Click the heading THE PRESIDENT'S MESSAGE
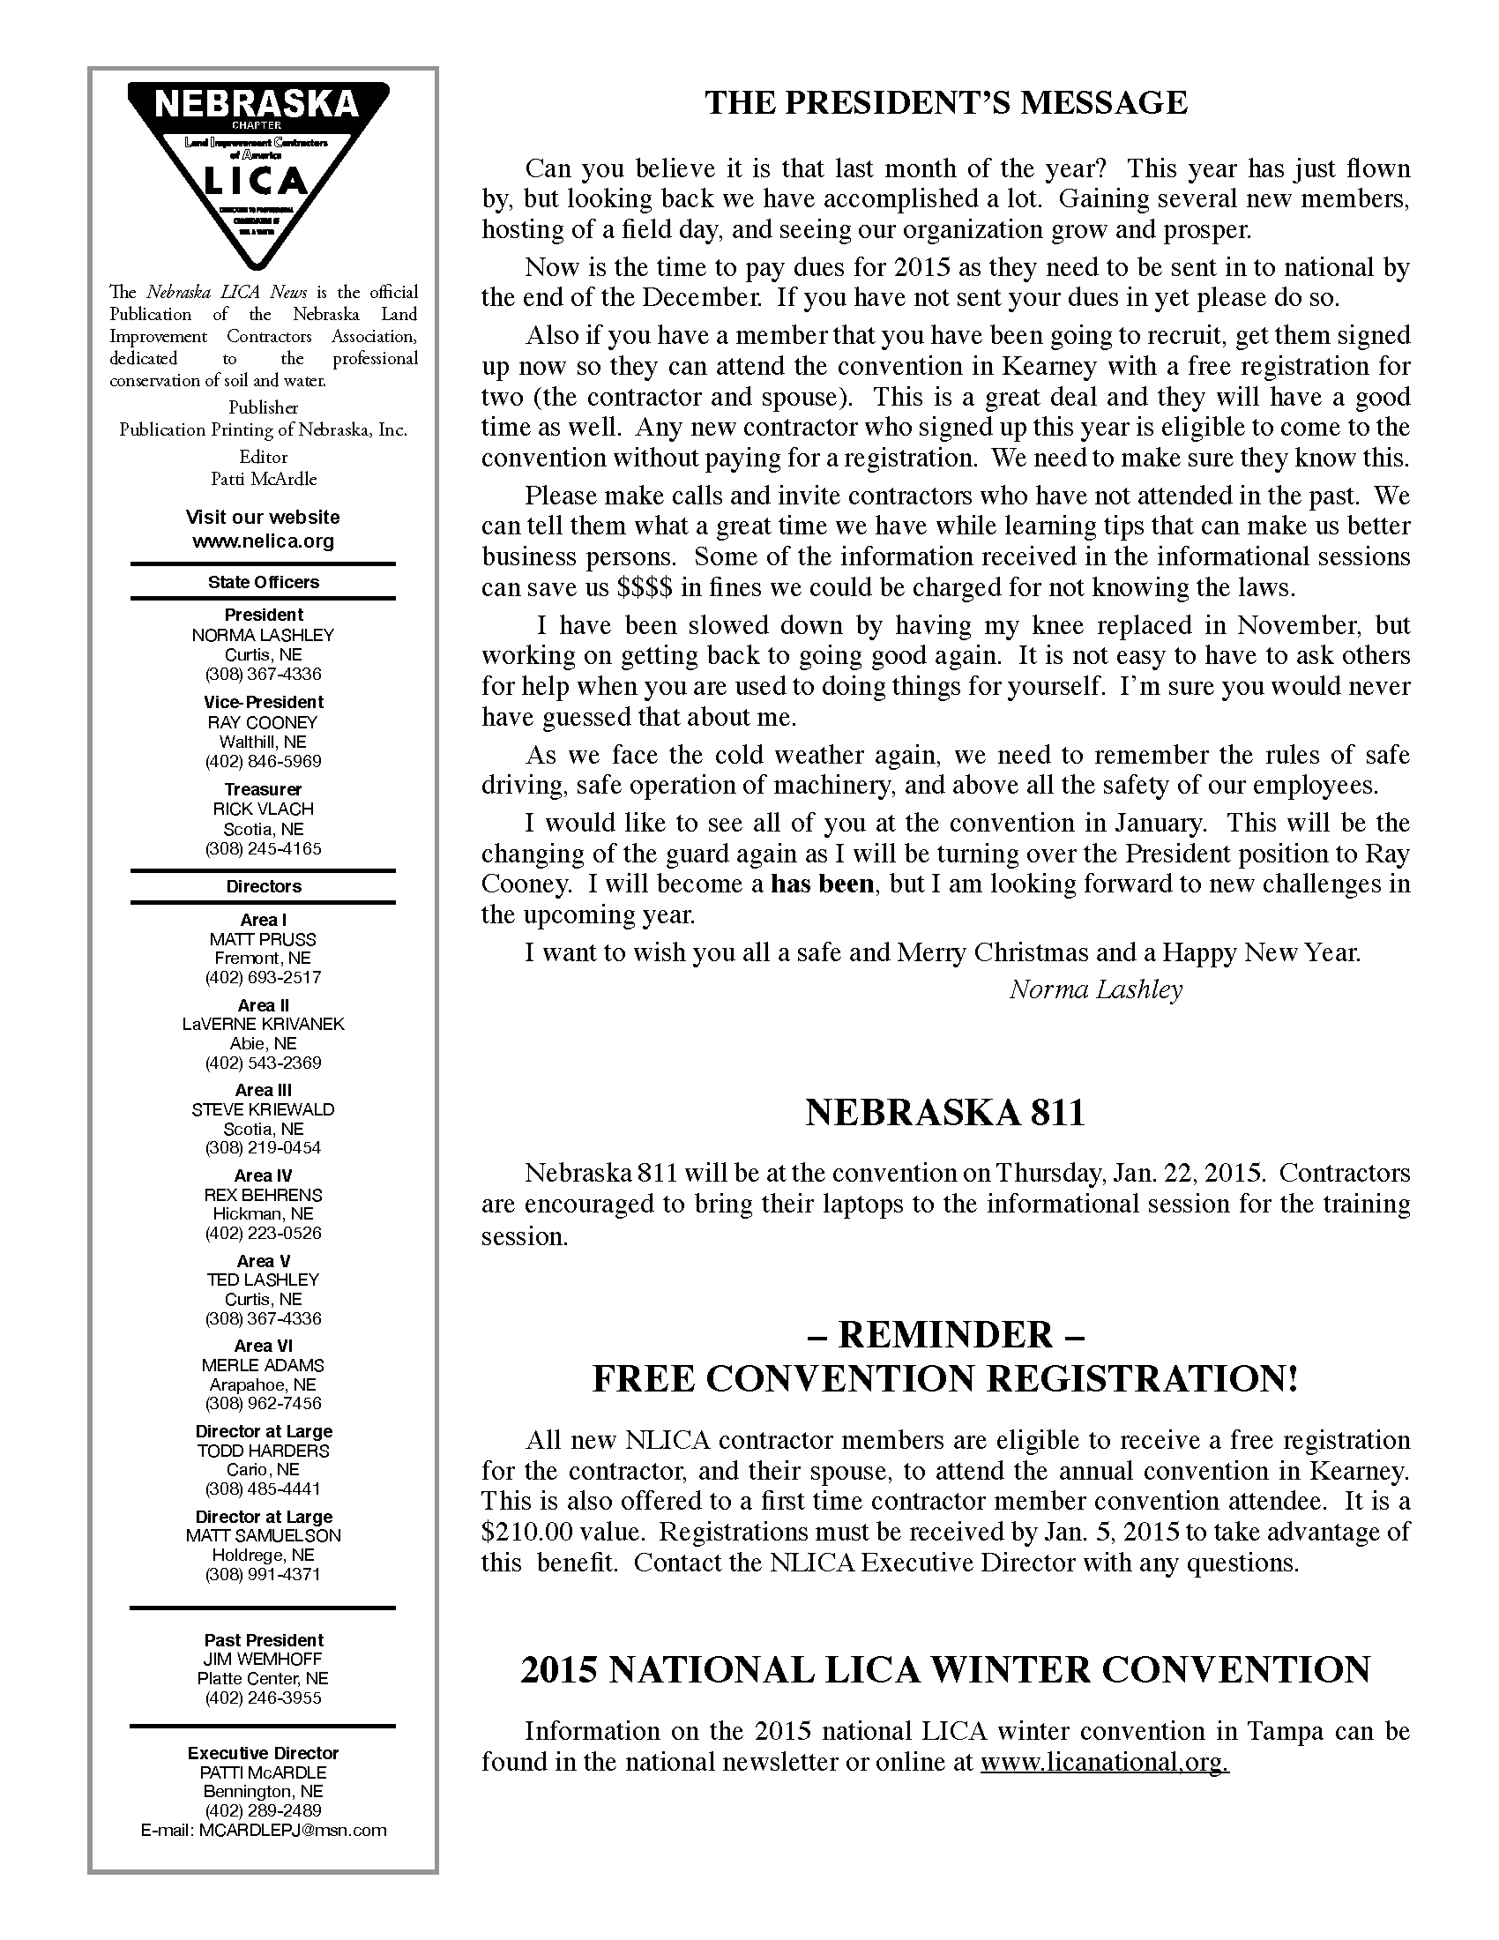point(946,103)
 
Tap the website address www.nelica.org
point(263,541)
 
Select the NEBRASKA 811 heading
point(945,1113)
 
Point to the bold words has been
point(822,884)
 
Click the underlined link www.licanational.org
point(1104,1762)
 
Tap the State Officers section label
point(263,582)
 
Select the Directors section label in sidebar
point(263,886)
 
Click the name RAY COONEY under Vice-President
point(263,722)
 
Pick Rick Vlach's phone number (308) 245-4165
point(263,848)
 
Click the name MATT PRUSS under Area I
point(263,939)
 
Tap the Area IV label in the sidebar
point(263,1175)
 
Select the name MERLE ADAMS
point(263,1365)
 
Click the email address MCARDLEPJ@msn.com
point(292,1830)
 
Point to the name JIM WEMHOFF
point(263,1659)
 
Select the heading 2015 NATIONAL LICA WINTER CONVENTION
point(946,1670)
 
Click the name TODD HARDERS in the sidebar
point(263,1451)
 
